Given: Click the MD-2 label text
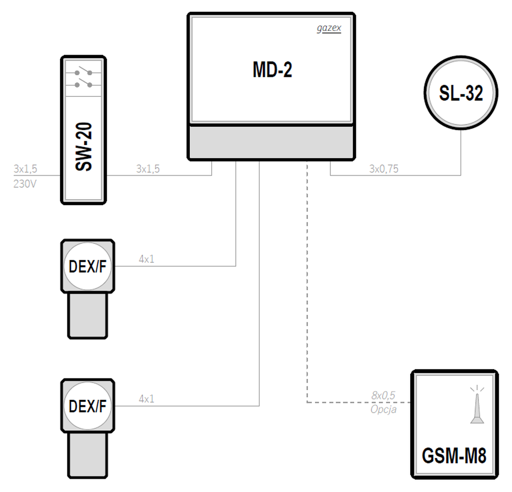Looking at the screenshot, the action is click(272, 70).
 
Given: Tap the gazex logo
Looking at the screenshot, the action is click(329, 29).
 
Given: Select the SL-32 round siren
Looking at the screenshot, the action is click(461, 93).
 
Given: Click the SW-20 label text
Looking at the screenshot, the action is click(84, 147).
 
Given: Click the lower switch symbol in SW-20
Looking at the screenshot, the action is click(83, 83).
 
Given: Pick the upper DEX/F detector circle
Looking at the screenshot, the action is click(87, 266).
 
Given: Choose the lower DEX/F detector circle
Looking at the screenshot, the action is click(87, 406).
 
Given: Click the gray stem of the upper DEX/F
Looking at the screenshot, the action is click(87, 315).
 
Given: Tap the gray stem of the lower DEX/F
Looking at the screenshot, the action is click(87, 456).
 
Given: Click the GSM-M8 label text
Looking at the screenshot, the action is click(454, 456).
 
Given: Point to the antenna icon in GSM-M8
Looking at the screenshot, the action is click(477, 405).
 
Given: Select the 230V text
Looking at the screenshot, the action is click(25, 184).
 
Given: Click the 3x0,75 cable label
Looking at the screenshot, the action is click(384, 169).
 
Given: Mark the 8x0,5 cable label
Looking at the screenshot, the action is click(383, 396).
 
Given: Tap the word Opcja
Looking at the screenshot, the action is click(383, 409).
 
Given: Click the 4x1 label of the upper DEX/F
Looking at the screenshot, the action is click(146, 259).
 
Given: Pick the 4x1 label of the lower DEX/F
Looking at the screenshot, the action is click(146, 399).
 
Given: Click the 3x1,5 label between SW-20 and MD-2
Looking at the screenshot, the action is click(148, 169).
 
